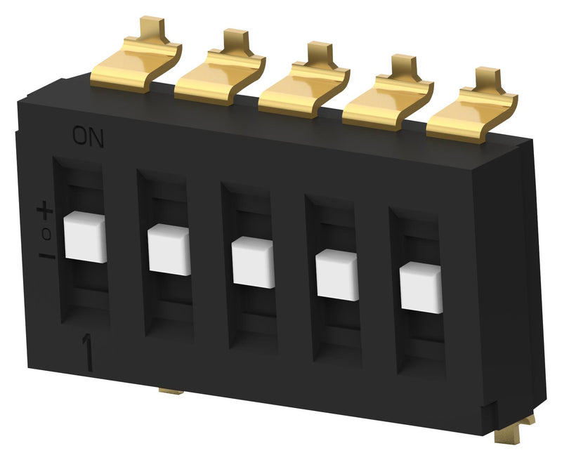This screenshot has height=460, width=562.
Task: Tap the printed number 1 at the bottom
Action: pos(89,351)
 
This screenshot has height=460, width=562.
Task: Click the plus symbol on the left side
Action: pos(44,209)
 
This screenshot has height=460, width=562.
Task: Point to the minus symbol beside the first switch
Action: pos(46,256)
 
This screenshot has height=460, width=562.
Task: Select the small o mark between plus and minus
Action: pos(46,232)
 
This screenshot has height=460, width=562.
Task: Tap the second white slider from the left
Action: pos(169,249)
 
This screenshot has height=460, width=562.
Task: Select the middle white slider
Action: pos(253,262)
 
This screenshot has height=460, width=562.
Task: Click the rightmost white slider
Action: pos(421,288)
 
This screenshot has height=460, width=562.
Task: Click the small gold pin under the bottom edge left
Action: pos(171,390)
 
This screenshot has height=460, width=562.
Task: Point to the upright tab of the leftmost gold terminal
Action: pos(148,29)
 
